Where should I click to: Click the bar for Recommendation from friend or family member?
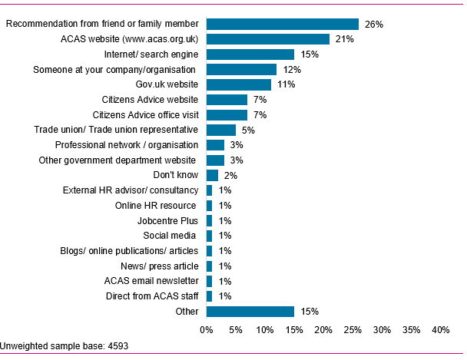[x=282, y=24]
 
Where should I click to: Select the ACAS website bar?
[x=267, y=39]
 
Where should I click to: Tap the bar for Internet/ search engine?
[x=250, y=54]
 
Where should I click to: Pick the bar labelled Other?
[x=250, y=311]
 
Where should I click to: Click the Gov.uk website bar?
[x=238, y=84]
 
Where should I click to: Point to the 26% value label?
[x=373, y=25]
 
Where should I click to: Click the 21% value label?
[x=344, y=39]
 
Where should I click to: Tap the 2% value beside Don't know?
[x=230, y=175]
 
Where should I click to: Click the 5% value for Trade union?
[x=248, y=130]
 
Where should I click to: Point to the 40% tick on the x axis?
[x=440, y=329]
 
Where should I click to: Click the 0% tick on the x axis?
[x=206, y=329]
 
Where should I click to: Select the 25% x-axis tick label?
[x=353, y=329]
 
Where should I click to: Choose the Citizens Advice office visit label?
[x=145, y=114]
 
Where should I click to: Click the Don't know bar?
[x=212, y=175]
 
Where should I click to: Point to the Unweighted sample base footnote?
[x=58, y=345]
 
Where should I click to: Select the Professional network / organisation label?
[x=127, y=145]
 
